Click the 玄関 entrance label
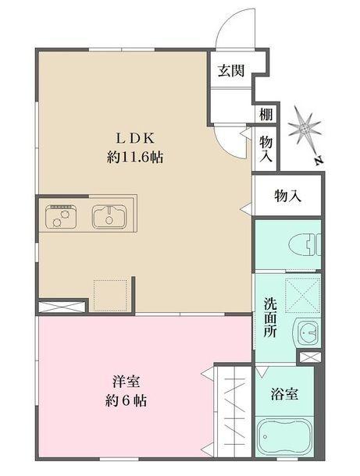[231, 71]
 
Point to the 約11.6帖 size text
[136, 156]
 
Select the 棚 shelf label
[266, 114]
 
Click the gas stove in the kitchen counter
[60, 215]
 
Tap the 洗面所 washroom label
[269, 317]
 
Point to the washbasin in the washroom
[306, 333]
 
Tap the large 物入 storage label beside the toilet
[287, 197]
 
